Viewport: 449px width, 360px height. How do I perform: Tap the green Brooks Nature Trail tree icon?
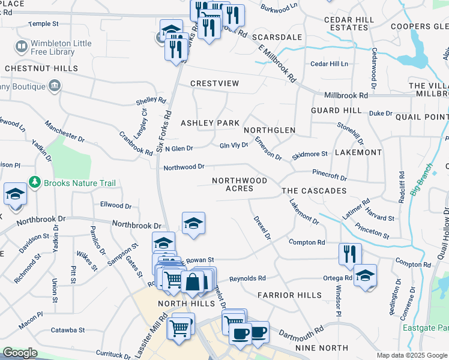click(36, 182)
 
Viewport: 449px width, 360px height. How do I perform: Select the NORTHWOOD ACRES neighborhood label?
click(239, 184)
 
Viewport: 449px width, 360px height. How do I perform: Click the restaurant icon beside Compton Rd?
click(349, 254)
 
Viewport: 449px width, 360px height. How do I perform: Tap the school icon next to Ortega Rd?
click(365, 276)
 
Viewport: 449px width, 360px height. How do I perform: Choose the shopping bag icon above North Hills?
click(193, 281)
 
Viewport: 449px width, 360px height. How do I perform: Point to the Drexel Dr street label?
click(263, 228)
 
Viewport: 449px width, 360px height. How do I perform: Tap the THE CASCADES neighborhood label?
click(315, 191)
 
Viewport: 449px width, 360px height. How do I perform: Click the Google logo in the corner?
click(20, 353)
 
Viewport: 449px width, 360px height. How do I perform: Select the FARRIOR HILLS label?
click(285, 295)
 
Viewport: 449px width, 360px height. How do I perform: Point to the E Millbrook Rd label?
click(278, 65)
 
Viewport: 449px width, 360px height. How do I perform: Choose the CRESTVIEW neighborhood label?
click(214, 83)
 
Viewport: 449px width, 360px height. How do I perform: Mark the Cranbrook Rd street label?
click(135, 143)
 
